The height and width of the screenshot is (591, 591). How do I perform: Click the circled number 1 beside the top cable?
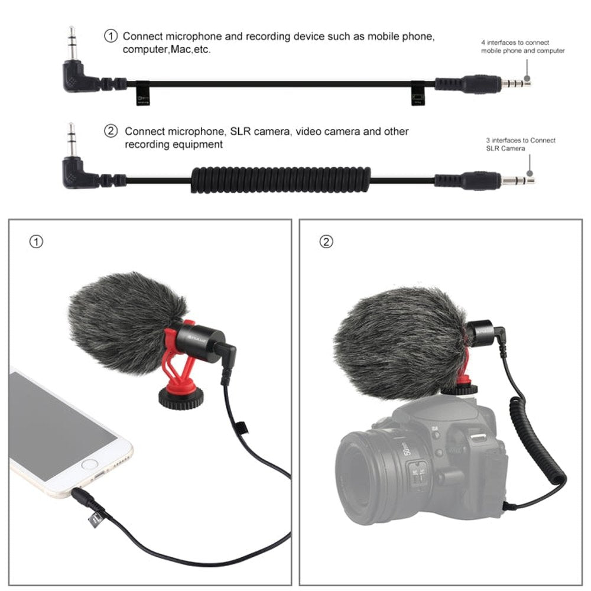tap(111, 37)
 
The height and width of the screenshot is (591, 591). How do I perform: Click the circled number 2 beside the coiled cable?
tap(111, 131)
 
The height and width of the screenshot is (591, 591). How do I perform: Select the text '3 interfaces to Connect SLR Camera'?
tap(521, 144)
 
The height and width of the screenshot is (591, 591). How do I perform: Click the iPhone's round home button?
tap(89, 466)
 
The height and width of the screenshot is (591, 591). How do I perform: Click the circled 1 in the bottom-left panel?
tap(36, 242)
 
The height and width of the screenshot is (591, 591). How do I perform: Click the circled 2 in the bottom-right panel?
tap(326, 242)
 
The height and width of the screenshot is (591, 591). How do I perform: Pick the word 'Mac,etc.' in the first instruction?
tap(191, 50)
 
